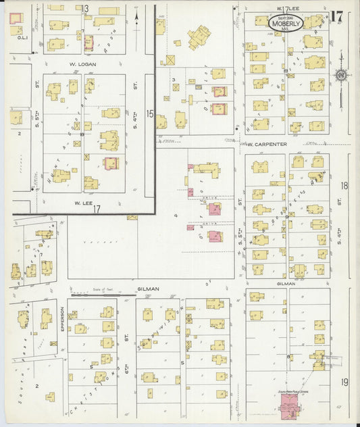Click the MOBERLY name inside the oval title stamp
286,22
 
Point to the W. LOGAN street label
80,64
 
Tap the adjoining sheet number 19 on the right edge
344,383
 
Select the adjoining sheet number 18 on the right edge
344,185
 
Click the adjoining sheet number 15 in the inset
150,114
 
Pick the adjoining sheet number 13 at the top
86,9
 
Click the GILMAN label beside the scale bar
147,288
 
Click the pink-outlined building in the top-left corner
16,18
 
